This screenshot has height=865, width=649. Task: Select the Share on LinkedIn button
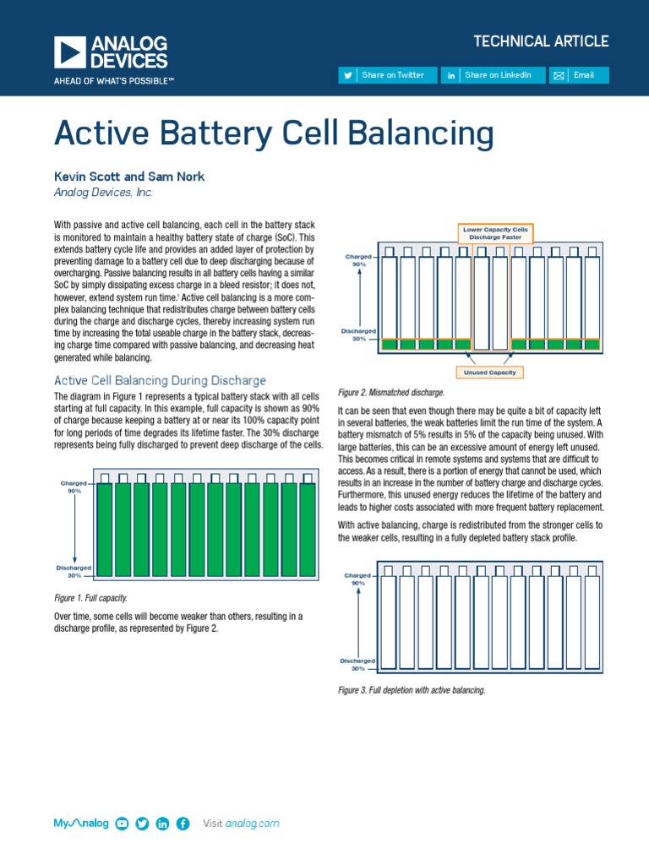(x=491, y=75)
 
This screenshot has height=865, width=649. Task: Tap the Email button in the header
(x=578, y=75)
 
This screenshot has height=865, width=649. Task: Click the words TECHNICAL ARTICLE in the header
(x=541, y=41)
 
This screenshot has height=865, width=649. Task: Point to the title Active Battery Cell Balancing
(x=274, y=133)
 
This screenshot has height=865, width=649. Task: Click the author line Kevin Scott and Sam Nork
(x=129, y=177)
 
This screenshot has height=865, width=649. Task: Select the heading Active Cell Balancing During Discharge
(x=161, y=380)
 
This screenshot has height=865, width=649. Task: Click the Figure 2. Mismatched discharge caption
(x=390, y=393)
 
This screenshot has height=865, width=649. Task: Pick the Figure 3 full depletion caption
(x=412, y=690)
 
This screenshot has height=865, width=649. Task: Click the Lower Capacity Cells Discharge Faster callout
(x=496, y=232)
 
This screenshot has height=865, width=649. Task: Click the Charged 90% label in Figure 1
(x=74, y=487)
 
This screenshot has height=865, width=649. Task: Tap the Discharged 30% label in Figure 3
(x=358, y=664)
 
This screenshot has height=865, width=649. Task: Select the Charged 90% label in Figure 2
(x=358, y=259)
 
